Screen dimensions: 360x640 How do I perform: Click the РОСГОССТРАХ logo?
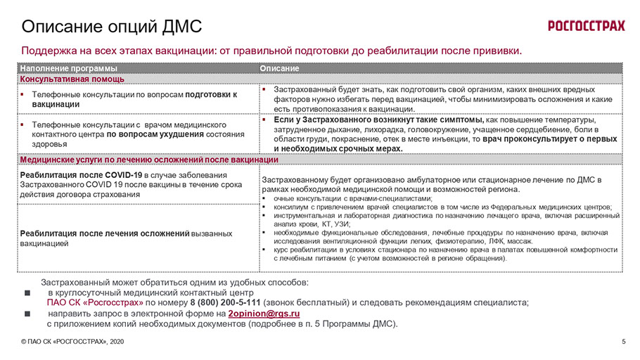(x=586, y=27)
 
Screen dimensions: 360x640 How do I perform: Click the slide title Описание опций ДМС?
(x=112, y=27)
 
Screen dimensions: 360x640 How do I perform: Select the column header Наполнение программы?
(x=69, y=68)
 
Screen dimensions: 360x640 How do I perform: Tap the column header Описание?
(x=280, y=68)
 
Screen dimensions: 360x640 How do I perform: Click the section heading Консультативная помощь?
(x=72, y=79)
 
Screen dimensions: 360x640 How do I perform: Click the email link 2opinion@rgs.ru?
(x=264, y=314)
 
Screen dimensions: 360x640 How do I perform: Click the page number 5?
(x=624, y=342)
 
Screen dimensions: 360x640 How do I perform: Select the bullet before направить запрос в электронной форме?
(x=27, y=314)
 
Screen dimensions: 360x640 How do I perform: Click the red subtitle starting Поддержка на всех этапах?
(x=271, y=51)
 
